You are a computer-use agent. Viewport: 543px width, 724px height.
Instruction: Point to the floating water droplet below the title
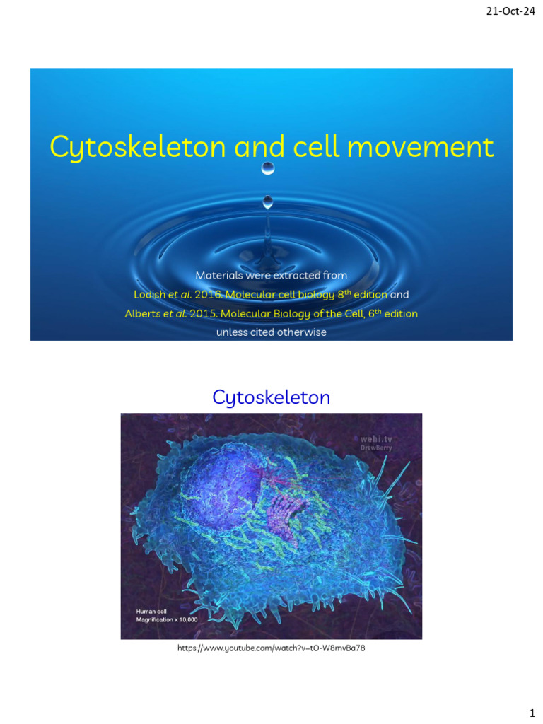tap(267, 169)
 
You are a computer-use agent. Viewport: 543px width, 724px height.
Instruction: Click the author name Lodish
tap(151, 294)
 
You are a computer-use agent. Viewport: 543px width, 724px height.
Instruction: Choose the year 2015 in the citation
tap(204, 313)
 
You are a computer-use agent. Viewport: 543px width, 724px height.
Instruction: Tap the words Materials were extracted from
tap(271, 274)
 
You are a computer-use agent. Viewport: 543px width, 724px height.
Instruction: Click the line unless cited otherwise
tap(271, 332)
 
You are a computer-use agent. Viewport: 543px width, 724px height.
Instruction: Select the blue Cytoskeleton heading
tap(271, 397)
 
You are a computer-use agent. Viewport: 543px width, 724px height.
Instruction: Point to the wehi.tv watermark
tap(377, 438)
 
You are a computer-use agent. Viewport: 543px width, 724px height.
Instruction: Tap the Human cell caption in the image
tap(155, 610)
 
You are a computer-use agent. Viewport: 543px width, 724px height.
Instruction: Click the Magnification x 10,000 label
tap(167, 619)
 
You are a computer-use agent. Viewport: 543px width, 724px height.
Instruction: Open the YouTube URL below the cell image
tap(271, 648)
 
